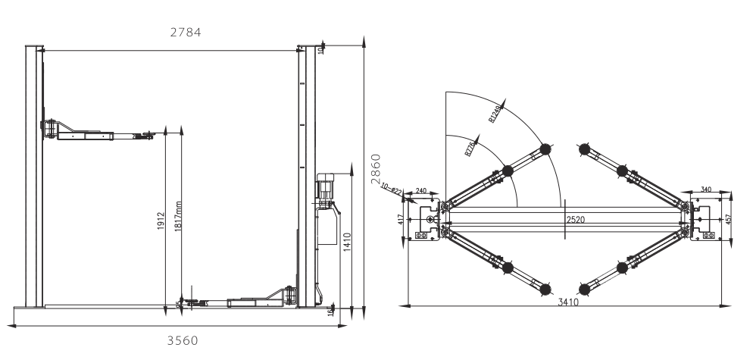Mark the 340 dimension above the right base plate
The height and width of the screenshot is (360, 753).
pos(706,189)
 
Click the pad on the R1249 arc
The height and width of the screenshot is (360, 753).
pos(546,149)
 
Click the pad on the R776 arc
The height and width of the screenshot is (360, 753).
pos(507,171)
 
